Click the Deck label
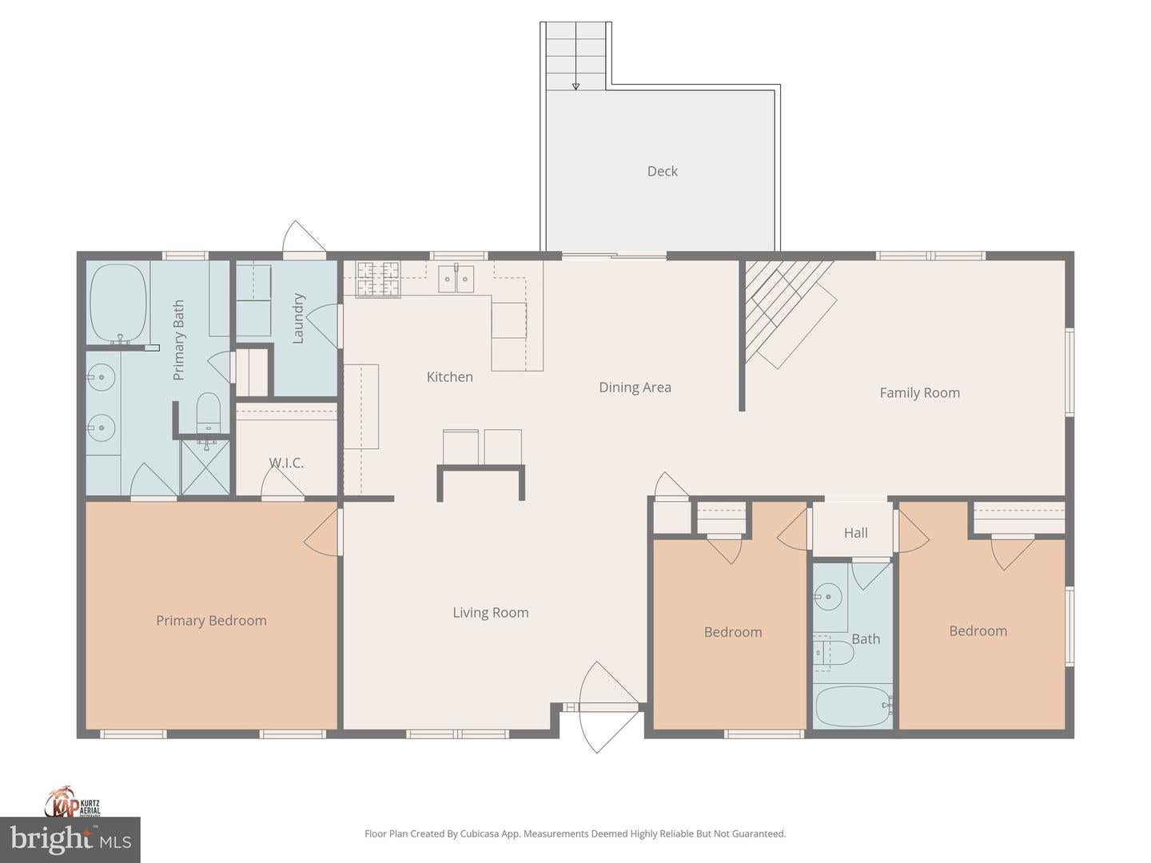(x=662, y=171)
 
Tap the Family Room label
(x=919, y=392)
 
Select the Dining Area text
(x=635, y=388)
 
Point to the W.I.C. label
(x=286, y=463)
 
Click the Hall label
(x=855, y=533)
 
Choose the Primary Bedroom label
(x=211, y=621)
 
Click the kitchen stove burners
(x=378, y=279)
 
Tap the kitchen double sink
(x=456, y=279)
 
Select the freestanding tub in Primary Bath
(x=118, y=303)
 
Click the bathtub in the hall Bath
(x=853, y=706)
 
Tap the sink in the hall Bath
(x=828, y=596)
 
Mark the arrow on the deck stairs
(x=575, y=86)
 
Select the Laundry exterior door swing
(x=304, y=237)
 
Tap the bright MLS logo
(x=70, y=839)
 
